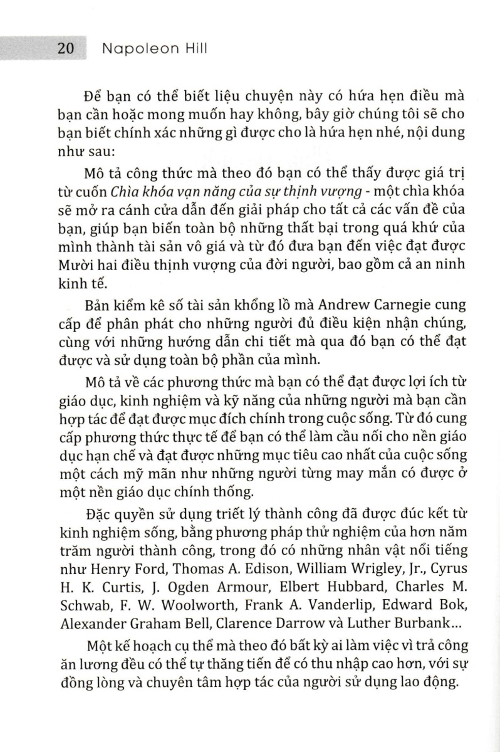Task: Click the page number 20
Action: pyautogui.click(x=66, y=50)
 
